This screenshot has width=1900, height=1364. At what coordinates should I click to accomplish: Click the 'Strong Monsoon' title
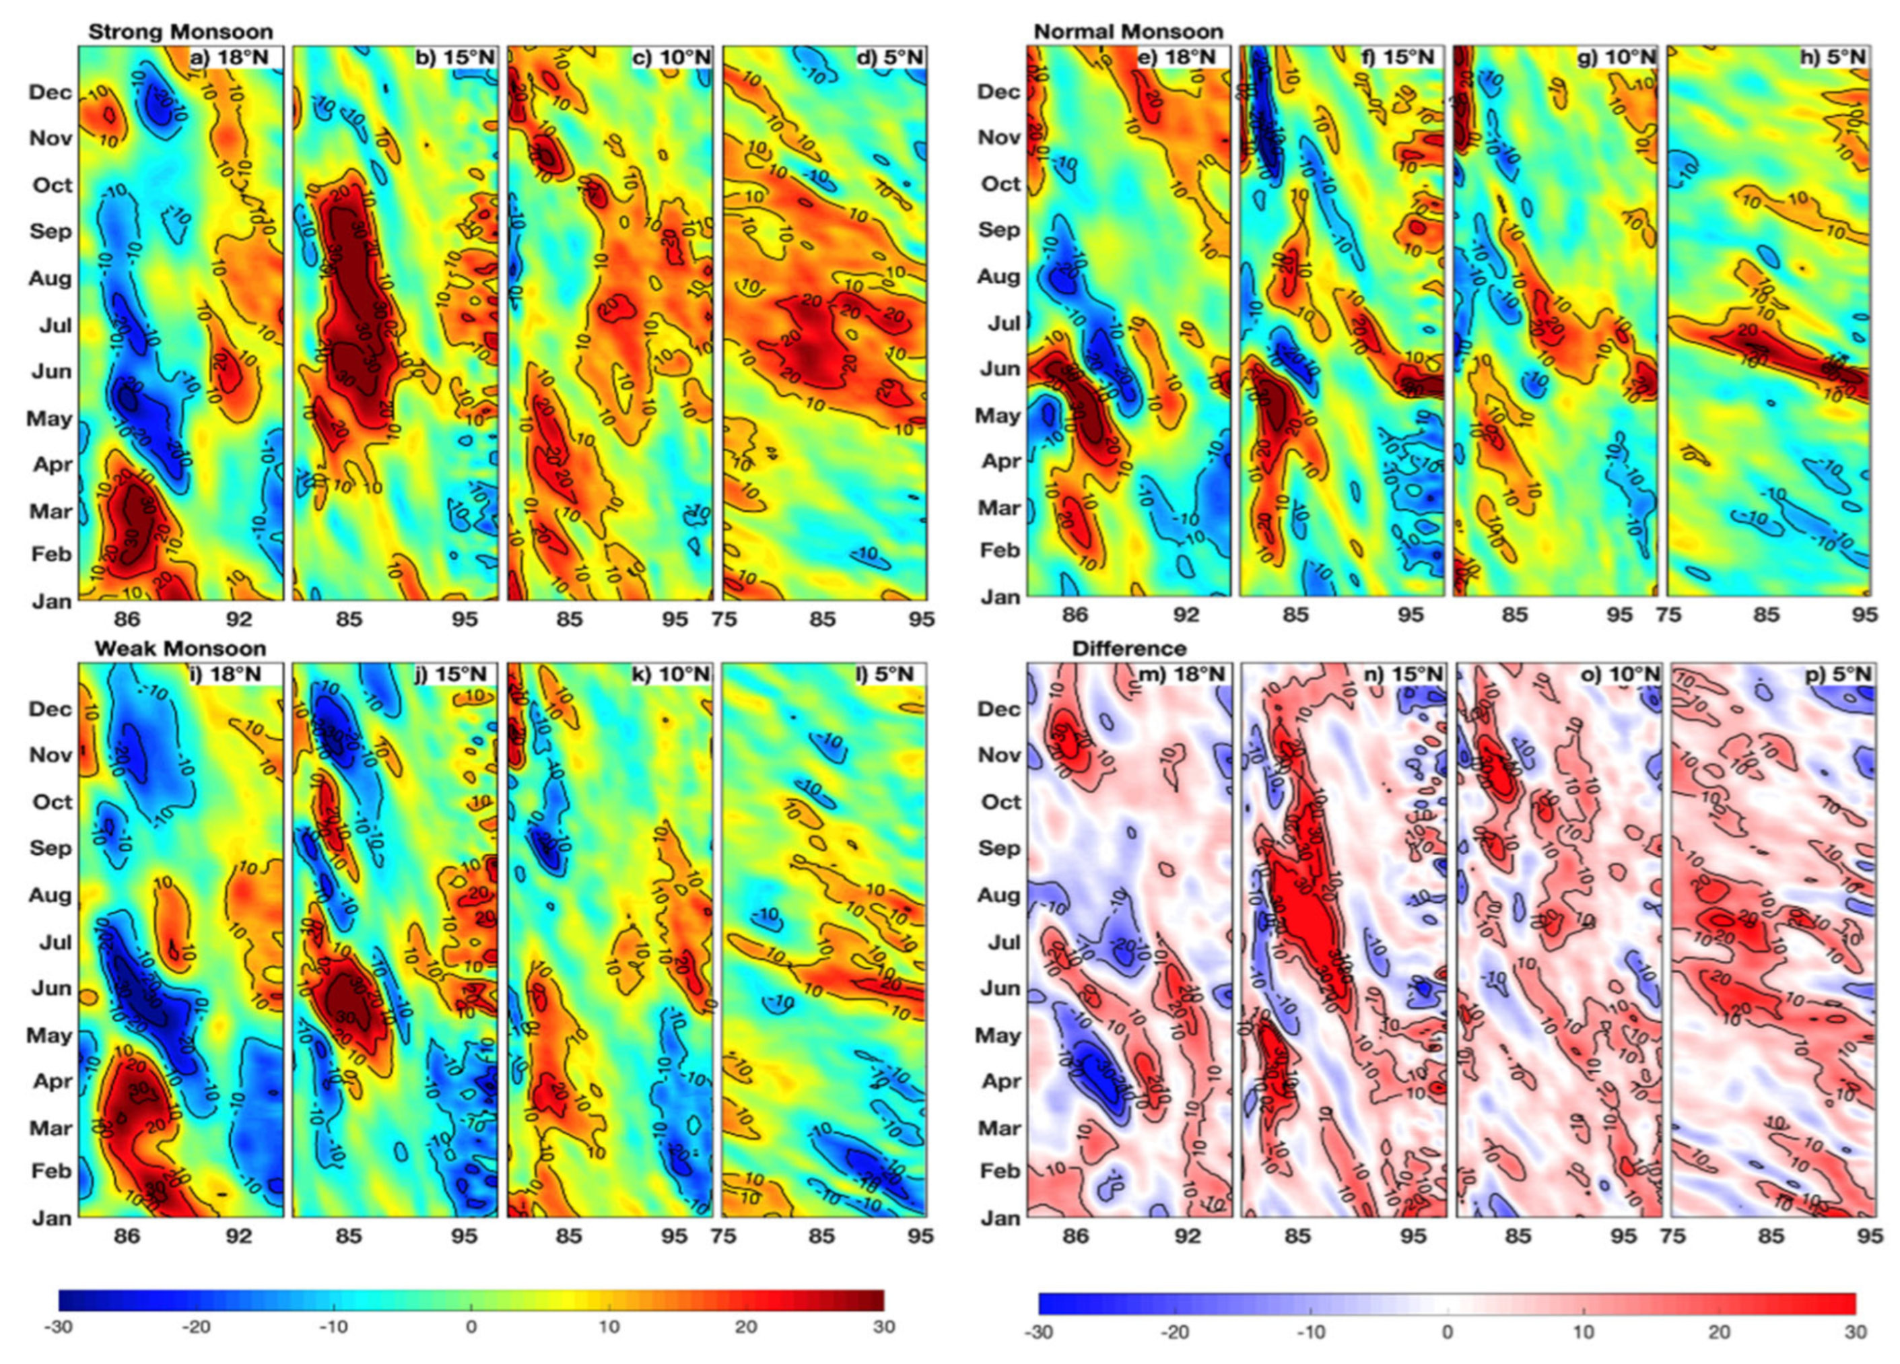tap(180, 32)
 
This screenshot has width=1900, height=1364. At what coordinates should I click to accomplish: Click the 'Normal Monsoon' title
tap(1128, 32)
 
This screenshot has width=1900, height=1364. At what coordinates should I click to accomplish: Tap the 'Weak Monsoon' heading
tap(180, 648)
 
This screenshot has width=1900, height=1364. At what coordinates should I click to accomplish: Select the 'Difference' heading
tap(1128, 648)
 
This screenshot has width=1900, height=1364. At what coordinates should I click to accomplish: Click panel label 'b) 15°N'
tap(456, 57)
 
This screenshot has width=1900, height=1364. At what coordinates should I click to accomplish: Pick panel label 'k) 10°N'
tap(675, 675)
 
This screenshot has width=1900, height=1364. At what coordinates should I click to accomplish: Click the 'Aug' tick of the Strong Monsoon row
tap(50, 278)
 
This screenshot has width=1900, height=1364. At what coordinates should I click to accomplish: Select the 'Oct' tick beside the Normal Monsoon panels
tap(999, 184)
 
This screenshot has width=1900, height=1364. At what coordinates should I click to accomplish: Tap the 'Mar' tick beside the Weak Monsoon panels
tap(50, 1128)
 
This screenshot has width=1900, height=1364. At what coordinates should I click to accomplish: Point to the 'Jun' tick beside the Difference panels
tap(999, 988)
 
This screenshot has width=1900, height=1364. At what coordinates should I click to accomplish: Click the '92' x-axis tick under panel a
tap(239, 620)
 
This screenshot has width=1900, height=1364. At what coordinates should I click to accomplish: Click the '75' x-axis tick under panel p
tap(1673, 1236)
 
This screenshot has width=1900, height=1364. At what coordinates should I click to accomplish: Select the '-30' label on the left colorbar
tap(59, 1327)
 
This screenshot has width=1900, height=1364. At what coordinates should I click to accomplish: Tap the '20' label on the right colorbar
tap(1719, 1333)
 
